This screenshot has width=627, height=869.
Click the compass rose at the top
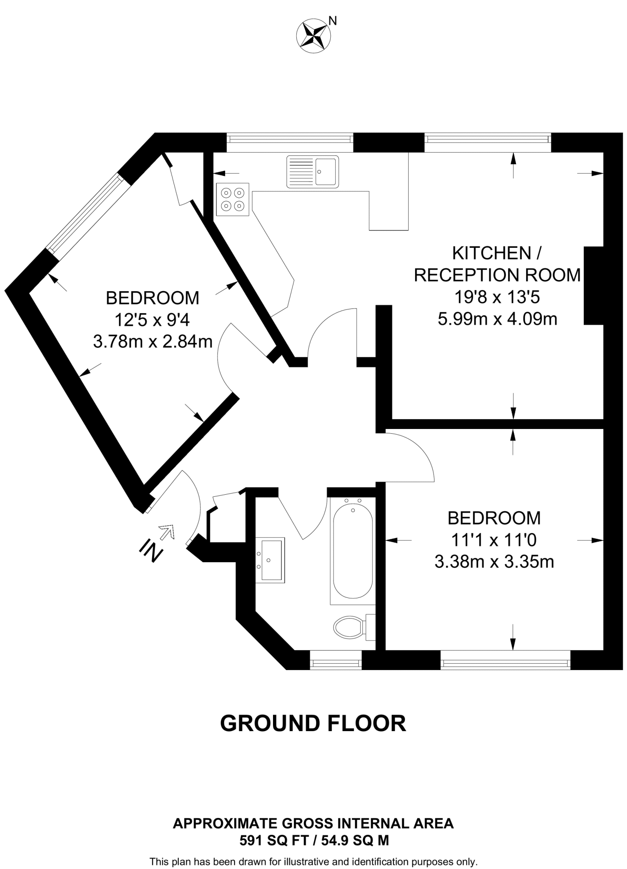[x=314, y=36]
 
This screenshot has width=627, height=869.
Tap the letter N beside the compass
[x=333, y=21]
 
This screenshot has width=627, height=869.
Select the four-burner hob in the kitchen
[x=232, y=199]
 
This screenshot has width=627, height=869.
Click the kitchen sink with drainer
[x=313, y=171]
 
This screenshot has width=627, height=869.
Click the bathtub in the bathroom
[x=353, y=551]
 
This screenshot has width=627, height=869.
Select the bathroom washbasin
[x=270, y=560]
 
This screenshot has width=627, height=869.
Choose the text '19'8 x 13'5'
[x=497, y=297]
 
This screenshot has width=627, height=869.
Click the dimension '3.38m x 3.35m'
[x=494, y=562]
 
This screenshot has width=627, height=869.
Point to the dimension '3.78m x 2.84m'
[x=153, y=341]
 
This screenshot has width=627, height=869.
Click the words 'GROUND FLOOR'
[x=313, y=723]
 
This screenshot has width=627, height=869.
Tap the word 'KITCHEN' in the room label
[x=491, y=253]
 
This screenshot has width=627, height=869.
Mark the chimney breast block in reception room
[x=594, y=286]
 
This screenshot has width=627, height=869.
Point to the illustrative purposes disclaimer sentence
[x=314, y=862]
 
